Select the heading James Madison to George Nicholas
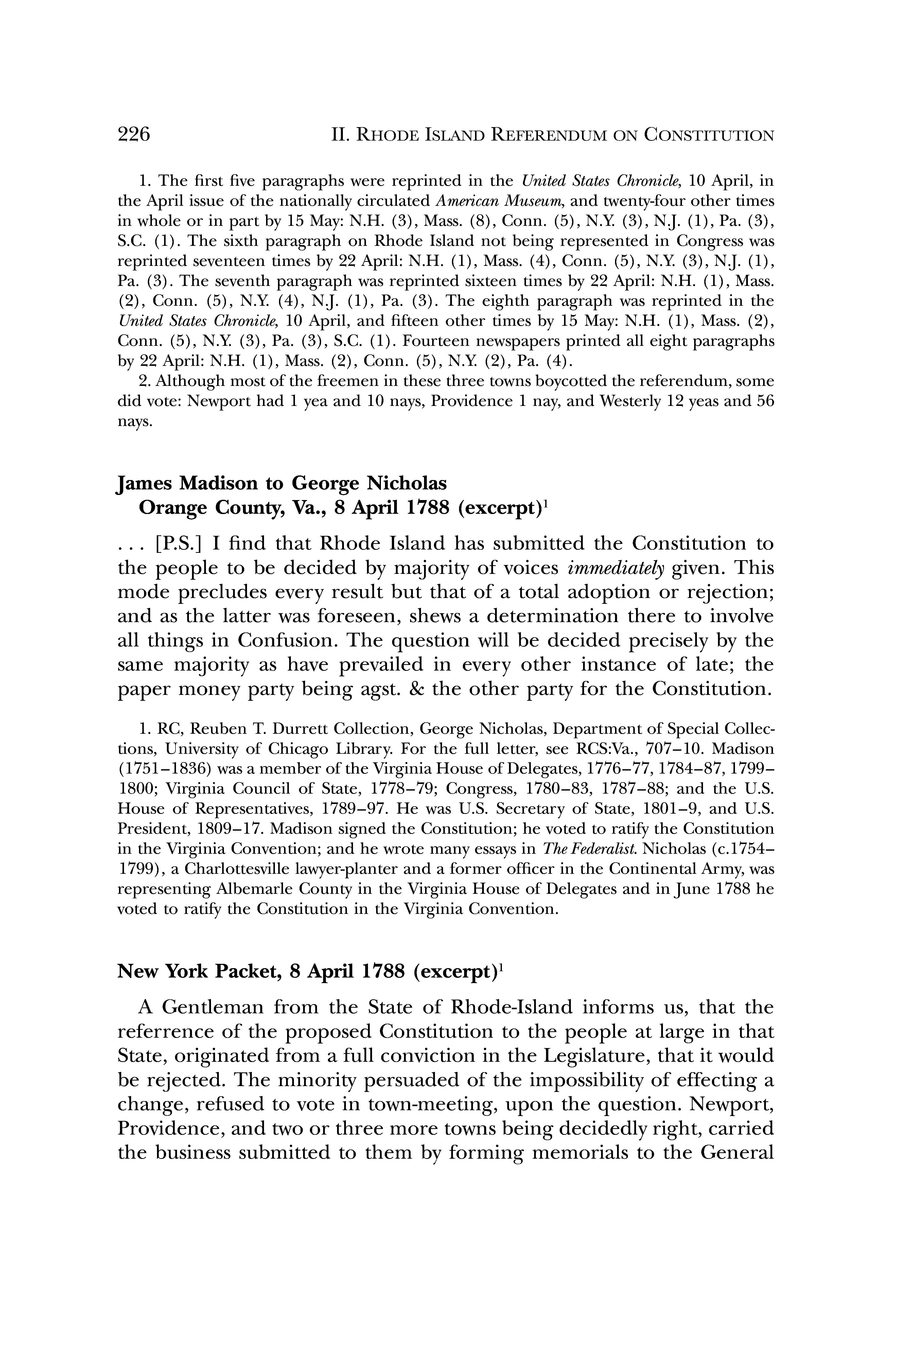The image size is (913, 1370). pyautogui.click(x=282, y=484)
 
